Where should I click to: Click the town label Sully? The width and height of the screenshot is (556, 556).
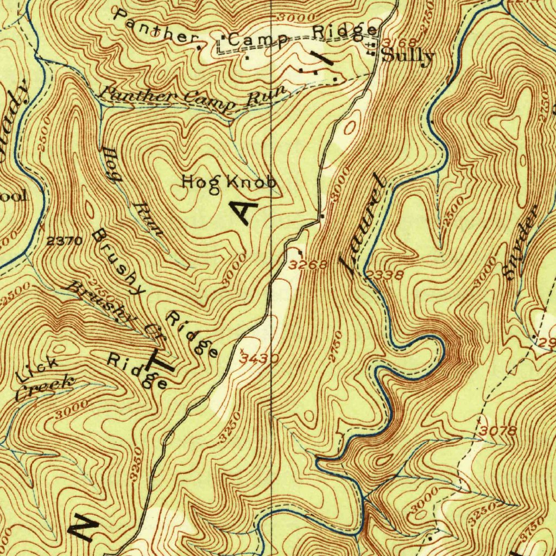408,56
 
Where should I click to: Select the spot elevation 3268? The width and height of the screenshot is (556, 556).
308,265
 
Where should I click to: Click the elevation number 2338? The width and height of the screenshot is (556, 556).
384,275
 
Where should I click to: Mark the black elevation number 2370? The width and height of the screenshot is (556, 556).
64,241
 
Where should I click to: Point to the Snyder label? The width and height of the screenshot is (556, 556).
520,243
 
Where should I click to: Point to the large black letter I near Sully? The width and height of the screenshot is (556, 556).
323,58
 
